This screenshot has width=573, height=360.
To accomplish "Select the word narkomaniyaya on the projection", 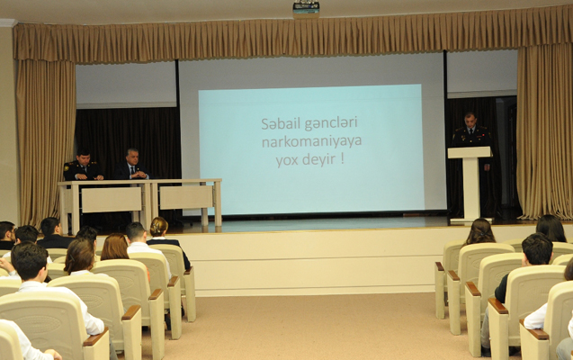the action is [x=312, y=142].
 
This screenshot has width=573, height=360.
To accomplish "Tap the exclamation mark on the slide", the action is [x=343, y=158].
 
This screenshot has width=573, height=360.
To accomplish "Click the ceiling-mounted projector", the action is [x=306, y=9].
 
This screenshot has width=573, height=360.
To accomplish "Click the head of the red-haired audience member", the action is [x=115, y=247].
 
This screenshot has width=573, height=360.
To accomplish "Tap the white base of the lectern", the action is [x=471, y=220].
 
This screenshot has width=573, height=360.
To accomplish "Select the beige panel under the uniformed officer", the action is [x=112, y=200].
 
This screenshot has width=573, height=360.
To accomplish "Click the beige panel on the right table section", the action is [x=186, y=197].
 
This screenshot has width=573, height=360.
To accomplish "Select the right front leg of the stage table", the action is [x=219, y=203].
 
